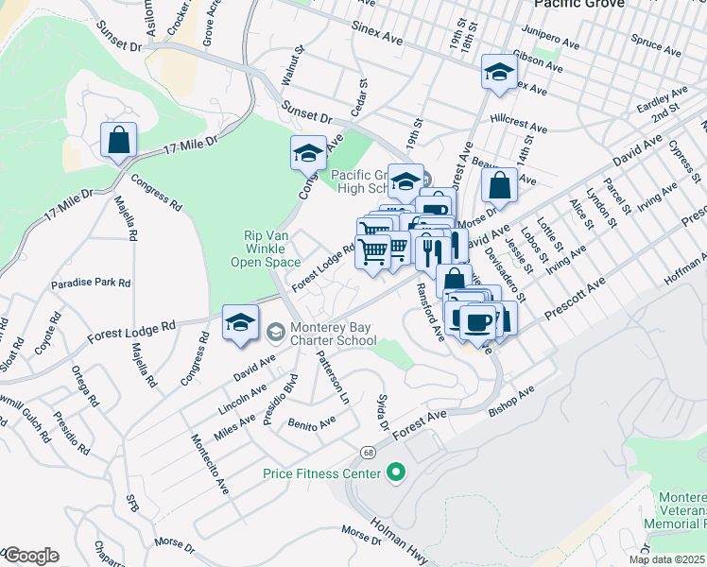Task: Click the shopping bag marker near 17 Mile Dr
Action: [119, 142]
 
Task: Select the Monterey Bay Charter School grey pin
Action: [275, 331]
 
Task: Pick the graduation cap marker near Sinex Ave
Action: [497, 73]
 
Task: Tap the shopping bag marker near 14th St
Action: [500, 185]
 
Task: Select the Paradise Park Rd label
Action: [91, 283]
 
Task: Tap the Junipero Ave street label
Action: [558, 43]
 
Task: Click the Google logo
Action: [30, 556]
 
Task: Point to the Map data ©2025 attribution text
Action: [667, 559]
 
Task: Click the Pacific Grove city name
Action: [578, 5]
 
